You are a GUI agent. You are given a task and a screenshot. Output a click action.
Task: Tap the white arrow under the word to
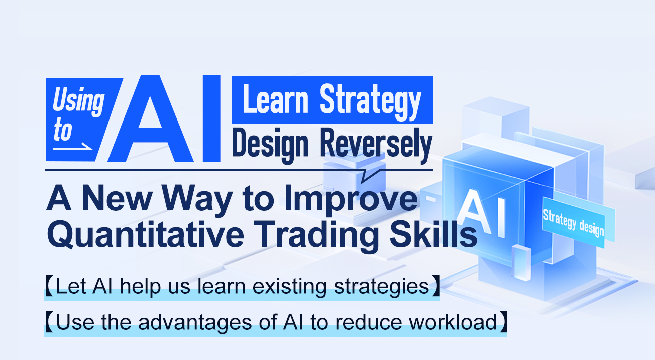pyautogui.click(x=73, y=148)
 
